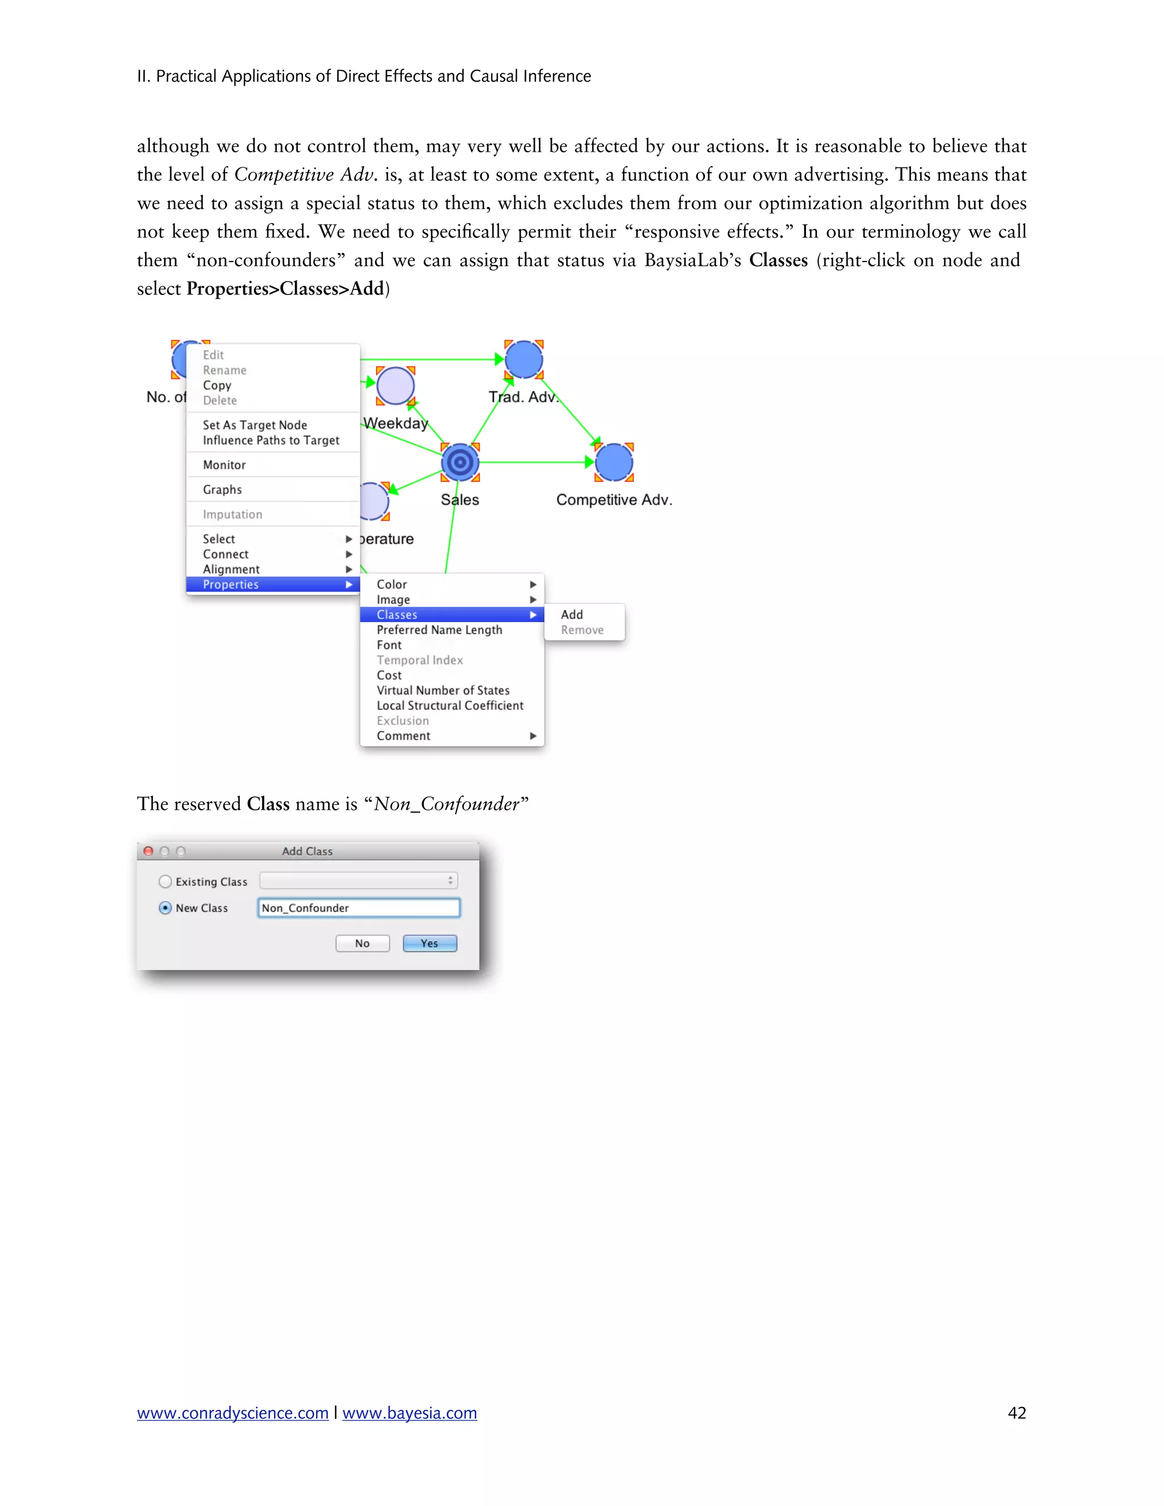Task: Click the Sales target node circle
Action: (x=460, y=462)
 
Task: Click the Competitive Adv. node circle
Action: (x=614, y=462)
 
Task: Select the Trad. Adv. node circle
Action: (x=523, y=359)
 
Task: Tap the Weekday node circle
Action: (x=396, y=385)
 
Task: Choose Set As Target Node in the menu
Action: (x=255, y=425)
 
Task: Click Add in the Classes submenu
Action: (x=572, y=614)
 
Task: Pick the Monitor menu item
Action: (x=224, y=465)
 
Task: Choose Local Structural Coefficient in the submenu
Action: (x=450, y=705)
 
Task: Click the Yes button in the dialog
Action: (x=430, y=943)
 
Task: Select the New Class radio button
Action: (x=165, y=908)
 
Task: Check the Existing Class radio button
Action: (x=165, y=881)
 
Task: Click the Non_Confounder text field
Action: (x=359, y=908)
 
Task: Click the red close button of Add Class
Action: (x=148, y=852)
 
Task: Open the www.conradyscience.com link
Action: (x=232, y=1413)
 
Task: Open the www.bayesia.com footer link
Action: (x=410, y=1413)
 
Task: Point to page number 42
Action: (x=1016, y=1413)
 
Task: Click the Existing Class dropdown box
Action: (x=359, y=880)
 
